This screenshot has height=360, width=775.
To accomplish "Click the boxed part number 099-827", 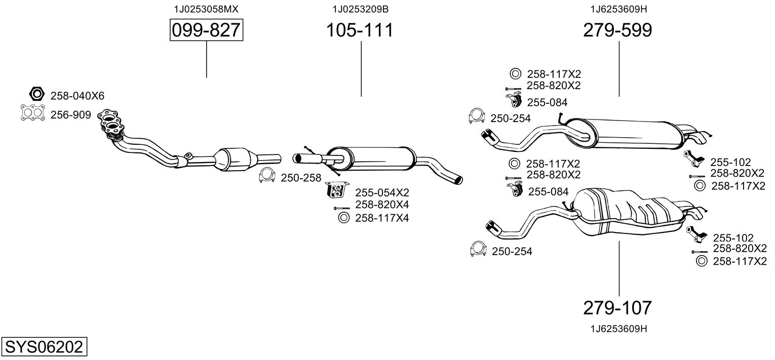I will click(206, 30).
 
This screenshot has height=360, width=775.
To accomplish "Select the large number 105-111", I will click(359, 30).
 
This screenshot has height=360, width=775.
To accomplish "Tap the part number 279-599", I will click(617, 30).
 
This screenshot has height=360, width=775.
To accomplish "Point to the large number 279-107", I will click(617, 307).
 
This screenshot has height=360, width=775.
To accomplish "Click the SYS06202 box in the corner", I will click(44, 347).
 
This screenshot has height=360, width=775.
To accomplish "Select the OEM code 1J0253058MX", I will click(206, 9).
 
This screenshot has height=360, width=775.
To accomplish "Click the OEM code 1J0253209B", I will click(360, 9).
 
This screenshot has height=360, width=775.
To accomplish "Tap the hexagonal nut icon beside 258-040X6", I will click(36, 95).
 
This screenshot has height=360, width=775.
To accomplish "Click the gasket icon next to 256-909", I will click(32, 113).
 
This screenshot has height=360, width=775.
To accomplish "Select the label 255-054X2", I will click(381, 192).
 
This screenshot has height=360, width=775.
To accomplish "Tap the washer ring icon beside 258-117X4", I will click(342, 218).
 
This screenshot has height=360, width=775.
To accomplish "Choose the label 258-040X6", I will click(77, 96).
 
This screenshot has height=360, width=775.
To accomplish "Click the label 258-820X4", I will click(381, 205).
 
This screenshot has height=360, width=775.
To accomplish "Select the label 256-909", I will click(70, 115).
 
